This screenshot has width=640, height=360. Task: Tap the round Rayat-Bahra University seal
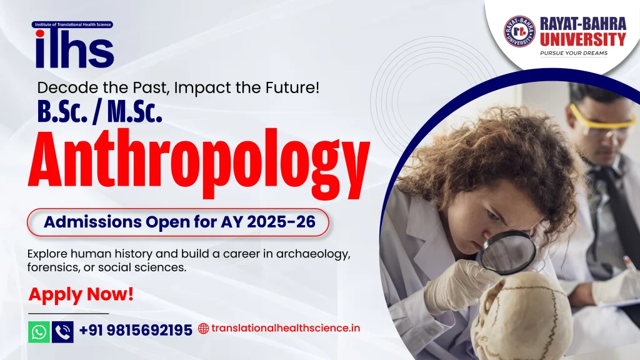[519, 31]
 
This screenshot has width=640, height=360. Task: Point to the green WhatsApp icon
[39, 331]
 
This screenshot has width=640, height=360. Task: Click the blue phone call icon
[62, 331]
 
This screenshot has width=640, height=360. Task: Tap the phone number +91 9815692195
[136, 330]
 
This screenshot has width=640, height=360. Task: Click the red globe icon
[203, 328]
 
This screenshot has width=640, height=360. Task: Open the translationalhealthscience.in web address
[285, 328]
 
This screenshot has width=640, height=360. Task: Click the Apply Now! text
[81, 294]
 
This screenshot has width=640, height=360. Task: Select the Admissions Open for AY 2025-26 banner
[177, 222]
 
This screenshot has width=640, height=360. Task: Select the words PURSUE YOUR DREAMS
[573, 53]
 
